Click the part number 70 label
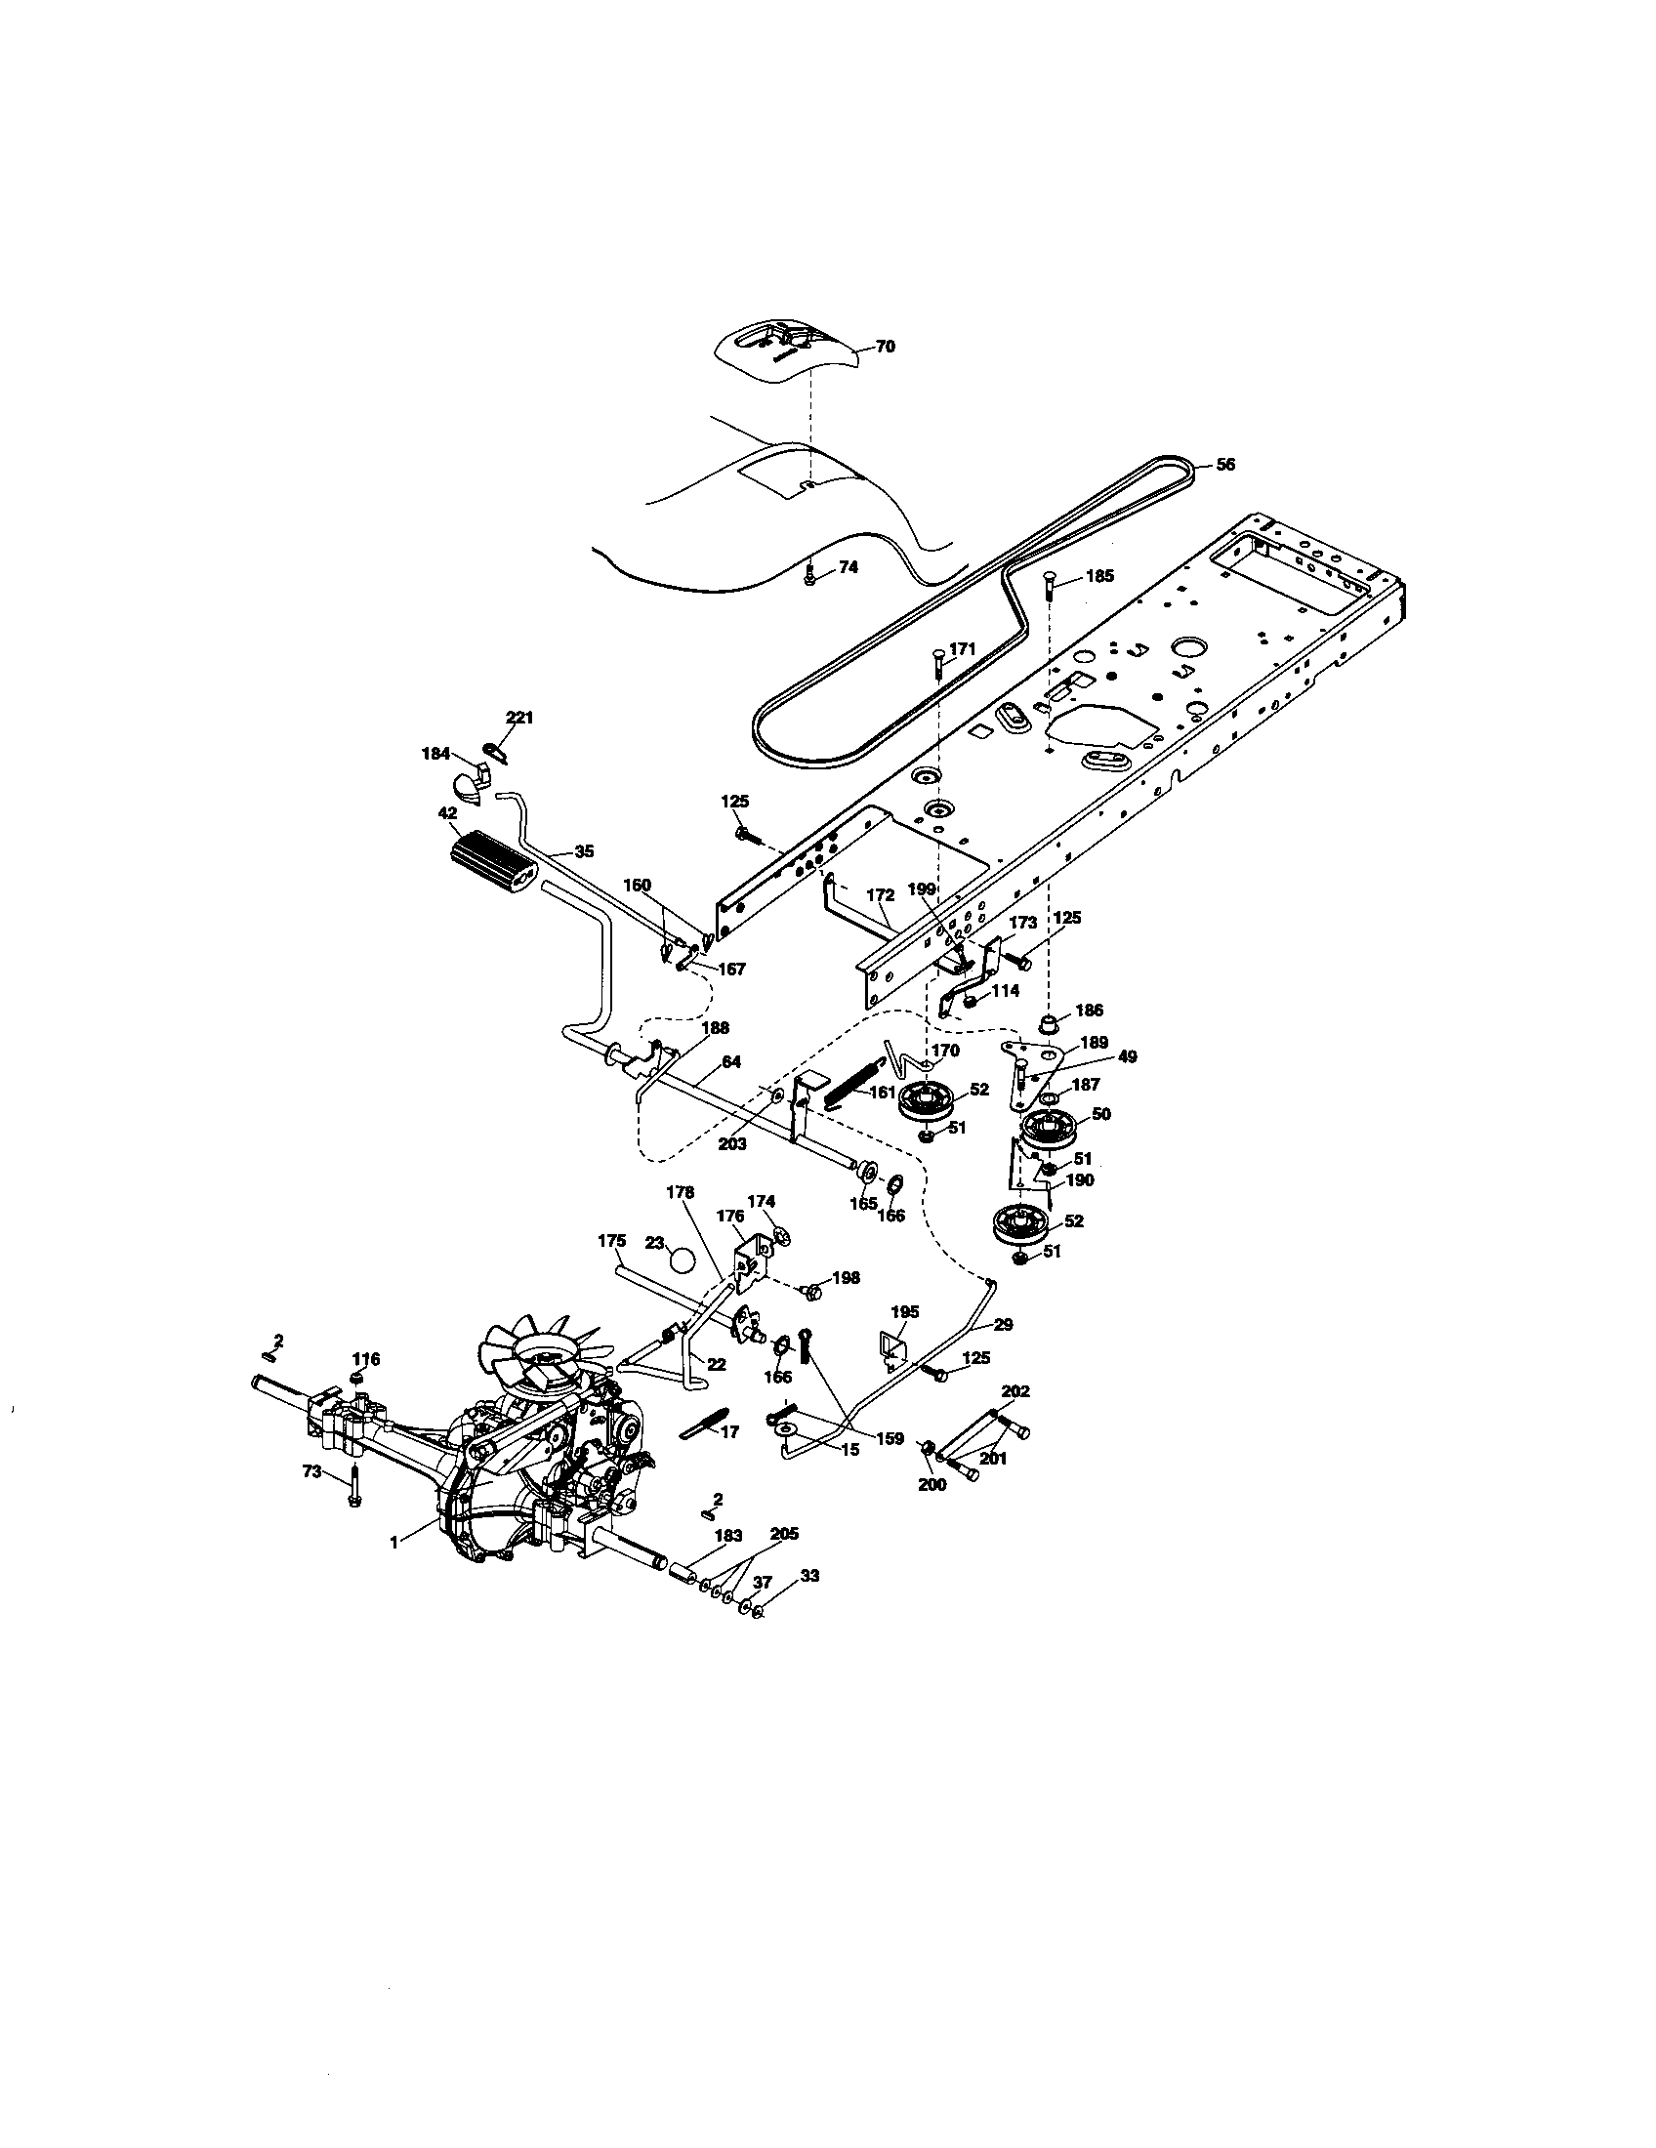[885, 347]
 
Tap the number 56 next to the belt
[1225, 465]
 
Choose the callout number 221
[519, 718]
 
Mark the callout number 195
[905, 1312]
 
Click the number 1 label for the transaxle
[394, 1543]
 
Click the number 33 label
[809, 1576]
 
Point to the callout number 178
[680, 1192]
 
